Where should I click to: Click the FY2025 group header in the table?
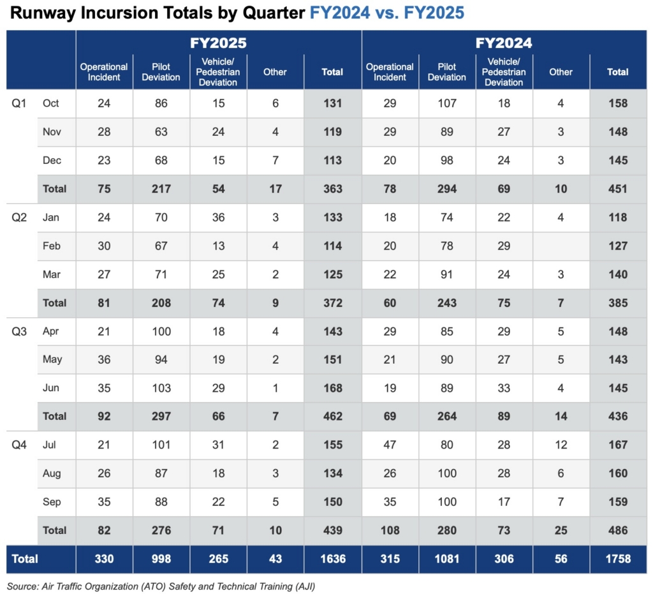pyautogui.click(x=218, y=43)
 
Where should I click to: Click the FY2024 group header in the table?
pyautogui.click(x=504, y=43)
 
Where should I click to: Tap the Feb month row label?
pyautogui.click(x=51, y=246)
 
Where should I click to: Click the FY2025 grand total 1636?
pyautogui.click(x=332, y=559)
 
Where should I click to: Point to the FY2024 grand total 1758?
pyautogui.click(x=618, y=559)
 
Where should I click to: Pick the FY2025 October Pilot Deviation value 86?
pyautogui.click(x=161, y=103)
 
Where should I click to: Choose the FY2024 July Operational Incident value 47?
pyautogui.click(x=390, y=445)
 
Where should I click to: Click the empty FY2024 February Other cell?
pyautogui.click(x=561, y=246)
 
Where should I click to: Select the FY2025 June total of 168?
pyautogui.click(x=332, y=388)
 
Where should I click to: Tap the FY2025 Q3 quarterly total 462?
pyautogui.click(x=332, y=416)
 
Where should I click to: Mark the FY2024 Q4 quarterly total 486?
pyautogui.click(x=618, y=530)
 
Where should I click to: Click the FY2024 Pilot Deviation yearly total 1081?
pyautogui.click(x=446, y=559)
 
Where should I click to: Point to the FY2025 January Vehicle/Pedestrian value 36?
pyautogui.click(x=218, y=217)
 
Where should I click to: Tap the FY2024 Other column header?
pyautogui.click(x=561, y=72)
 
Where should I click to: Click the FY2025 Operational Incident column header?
pyautogui.click(x=104, y=71)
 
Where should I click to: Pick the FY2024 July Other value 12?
pyautogui.click(x=561, y=445)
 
